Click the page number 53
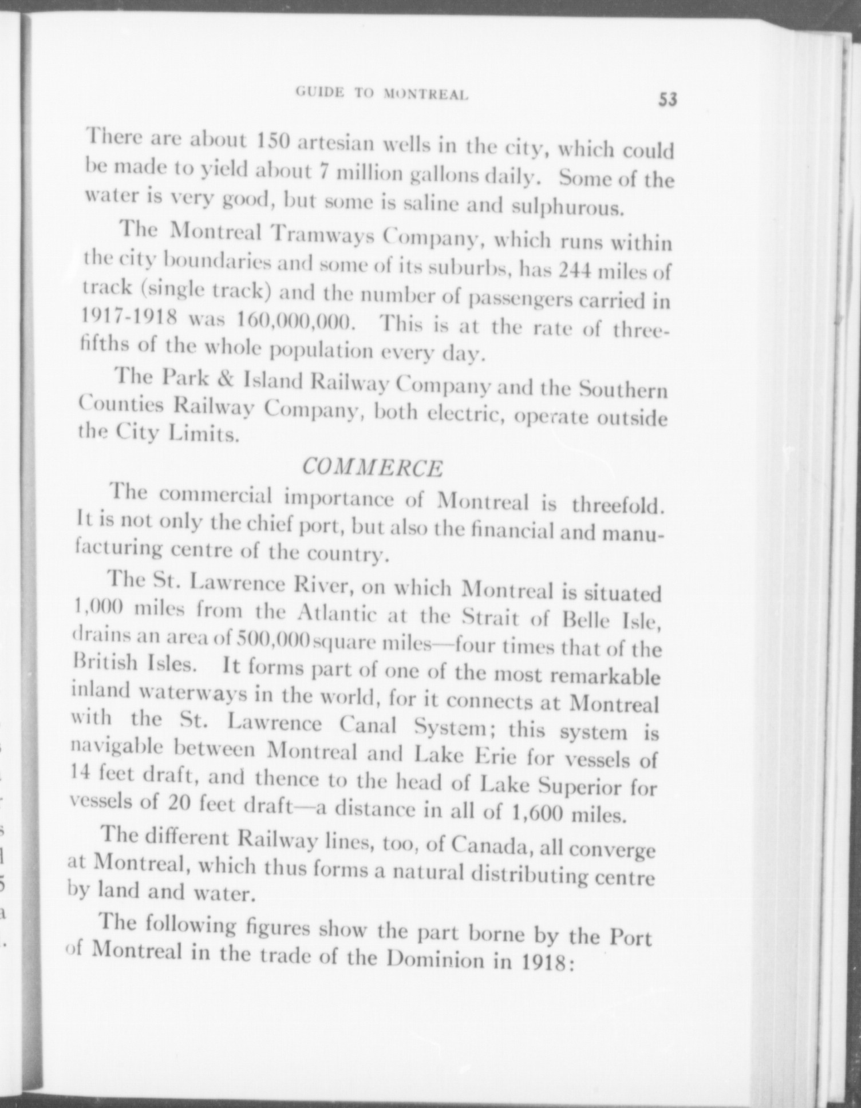[668, 99]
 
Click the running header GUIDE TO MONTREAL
[382, 93]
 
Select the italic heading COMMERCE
[372, 468]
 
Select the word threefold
[618, 506]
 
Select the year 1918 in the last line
[544, 962]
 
